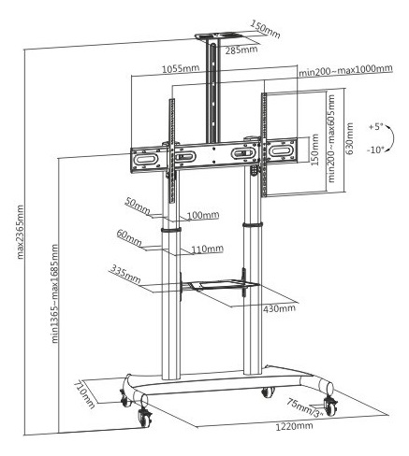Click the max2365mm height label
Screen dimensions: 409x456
(x=21, y=232)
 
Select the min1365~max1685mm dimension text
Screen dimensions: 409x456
(x=55, y=293)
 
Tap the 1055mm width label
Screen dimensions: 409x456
(x=181, y=68)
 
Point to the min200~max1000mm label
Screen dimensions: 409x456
(x=345, y=70)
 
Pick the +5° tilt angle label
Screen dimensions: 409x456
(x=375, y=127)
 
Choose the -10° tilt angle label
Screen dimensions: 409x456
(x=375, y=150)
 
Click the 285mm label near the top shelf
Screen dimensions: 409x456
(x=241, y=50)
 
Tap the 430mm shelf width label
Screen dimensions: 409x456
(x=280, y=308)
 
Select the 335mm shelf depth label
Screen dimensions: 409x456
(x=125, y=274)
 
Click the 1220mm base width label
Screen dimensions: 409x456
(x=294, y=426)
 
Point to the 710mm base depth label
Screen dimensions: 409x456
(x=84, y=394)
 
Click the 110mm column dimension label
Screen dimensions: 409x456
(x=208, y=249)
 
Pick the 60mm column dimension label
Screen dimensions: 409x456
(x=129, y=237)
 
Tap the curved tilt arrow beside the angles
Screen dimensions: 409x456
(x=392, y=138)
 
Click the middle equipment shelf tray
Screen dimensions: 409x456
(x=220, y=285)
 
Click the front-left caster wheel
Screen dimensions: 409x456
(x=145, y=419)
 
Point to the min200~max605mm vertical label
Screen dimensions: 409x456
(x=330, y=138)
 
